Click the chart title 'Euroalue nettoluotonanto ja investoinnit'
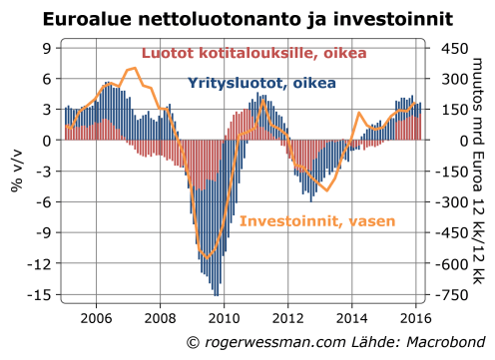[x=247, y=18]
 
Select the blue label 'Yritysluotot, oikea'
[x=261, y=85]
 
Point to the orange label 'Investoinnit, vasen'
[x=317, y=220]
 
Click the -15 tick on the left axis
[x=44, y=295]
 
